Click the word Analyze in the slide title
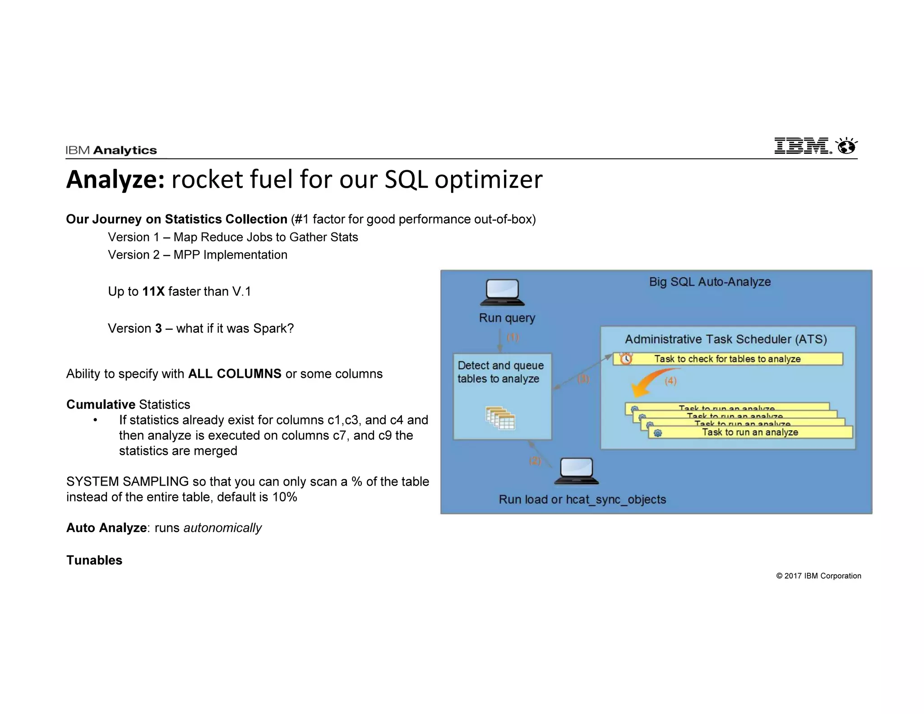[115, 179]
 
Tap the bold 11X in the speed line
[153, 292]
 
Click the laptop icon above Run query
[502, 292]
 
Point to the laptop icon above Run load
[576, 471]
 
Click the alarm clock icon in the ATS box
[626, 358]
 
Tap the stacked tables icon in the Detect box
[500, 417]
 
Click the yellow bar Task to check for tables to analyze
[727, 359]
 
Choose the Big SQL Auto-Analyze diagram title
[710, 282]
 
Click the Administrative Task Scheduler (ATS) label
[725, 339]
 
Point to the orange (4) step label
[670, 381]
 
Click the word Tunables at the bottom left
[94, 560]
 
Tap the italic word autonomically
[222, 528]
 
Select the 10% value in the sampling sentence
[285, 497]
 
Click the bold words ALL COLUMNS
[235, 374]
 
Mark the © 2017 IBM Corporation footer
[818, 576]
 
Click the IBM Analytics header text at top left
[111, 150]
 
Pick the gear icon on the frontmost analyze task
[658, 433]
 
